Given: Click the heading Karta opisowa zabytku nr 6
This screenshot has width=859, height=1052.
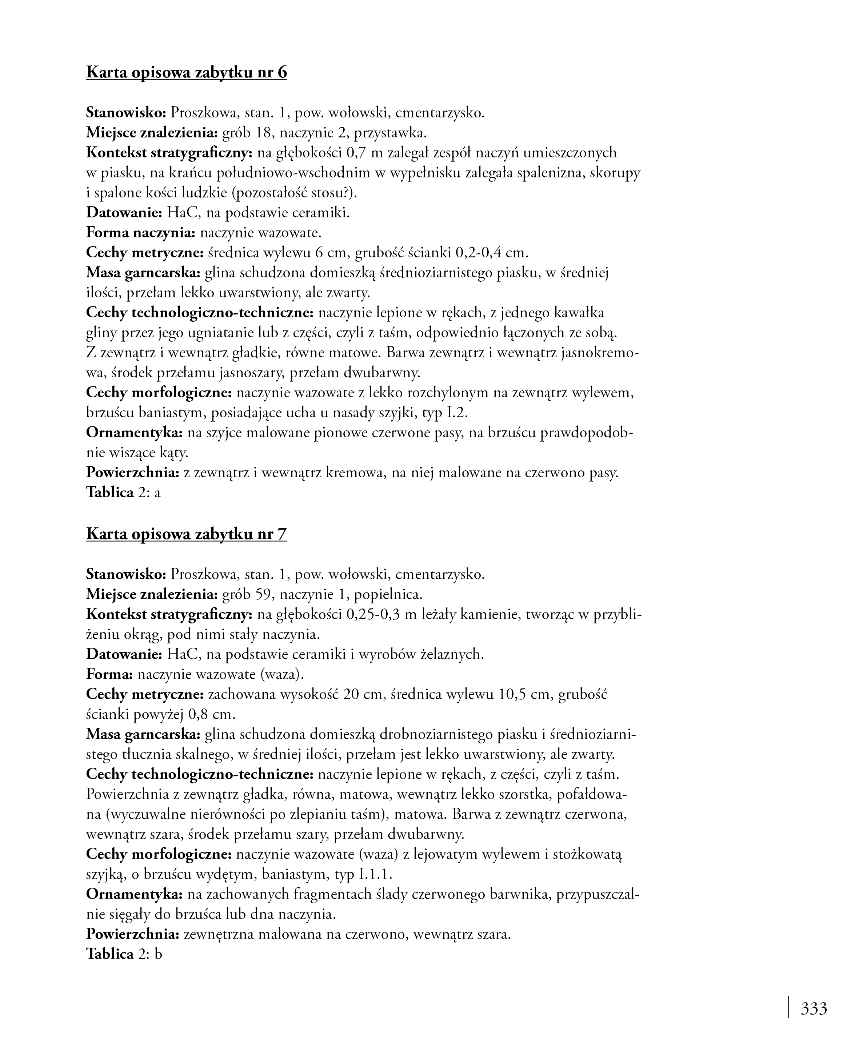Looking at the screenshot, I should [186, 72].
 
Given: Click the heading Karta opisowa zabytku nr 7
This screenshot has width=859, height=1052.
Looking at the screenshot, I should [186, 534].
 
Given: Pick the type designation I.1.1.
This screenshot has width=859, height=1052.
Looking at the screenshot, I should [375, 875].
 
